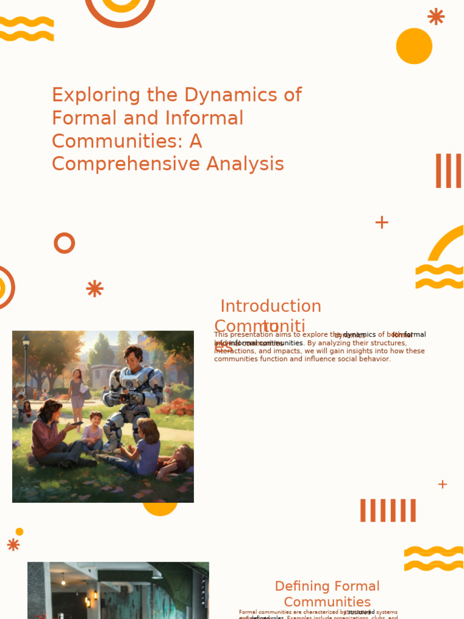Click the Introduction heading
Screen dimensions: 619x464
pos(271,306)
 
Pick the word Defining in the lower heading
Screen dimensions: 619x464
pos(303,586)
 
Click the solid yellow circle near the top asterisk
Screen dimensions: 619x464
pos(414,46)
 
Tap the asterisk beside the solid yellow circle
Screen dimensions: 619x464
pos(436,16)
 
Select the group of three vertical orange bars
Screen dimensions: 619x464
pos(448,170)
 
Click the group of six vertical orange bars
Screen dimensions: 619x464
pos(388,510)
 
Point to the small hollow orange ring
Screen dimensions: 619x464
pos(64,243)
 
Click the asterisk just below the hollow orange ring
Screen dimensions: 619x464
pos(95,288)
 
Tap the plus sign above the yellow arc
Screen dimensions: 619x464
pos(381,222)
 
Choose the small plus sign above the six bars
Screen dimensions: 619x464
pos(442,484)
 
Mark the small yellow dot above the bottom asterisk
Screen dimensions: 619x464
pos(19,531)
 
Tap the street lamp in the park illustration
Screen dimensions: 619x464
pos(25,363)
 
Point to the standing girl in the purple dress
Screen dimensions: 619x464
pos(77,393)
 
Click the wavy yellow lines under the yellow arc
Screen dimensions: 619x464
pos(439,276)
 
